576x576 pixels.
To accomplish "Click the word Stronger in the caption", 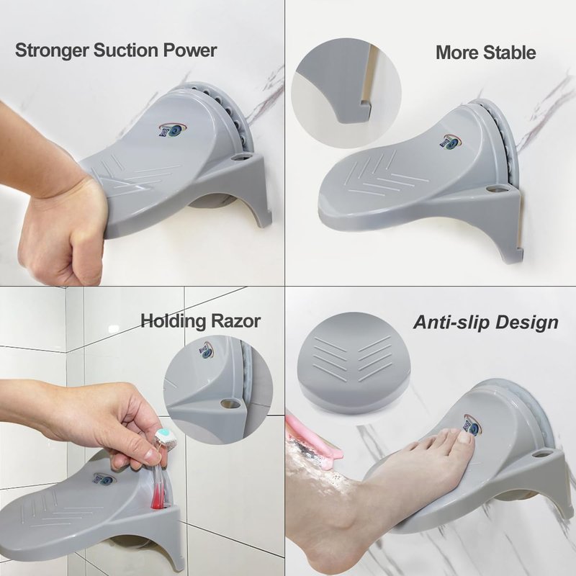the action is [52, 50].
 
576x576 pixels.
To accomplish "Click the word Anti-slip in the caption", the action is [452, 322].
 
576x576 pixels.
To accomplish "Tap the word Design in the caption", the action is [527, 323].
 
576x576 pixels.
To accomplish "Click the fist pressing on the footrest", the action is [63, 228].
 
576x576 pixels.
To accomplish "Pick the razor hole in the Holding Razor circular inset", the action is [230, 404].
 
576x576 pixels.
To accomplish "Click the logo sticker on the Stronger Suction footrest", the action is [173, 130].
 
